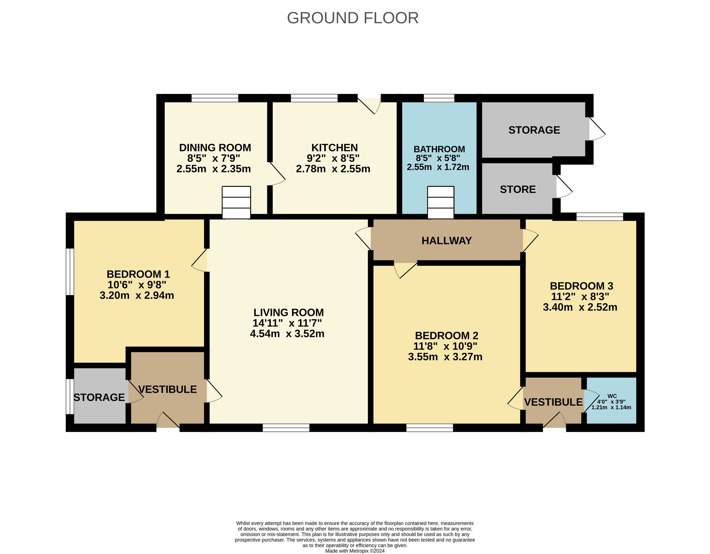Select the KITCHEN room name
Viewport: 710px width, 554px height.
(334, 148)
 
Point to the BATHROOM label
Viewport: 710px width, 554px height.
(439, 149)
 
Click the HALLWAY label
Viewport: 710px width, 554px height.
(447, 241)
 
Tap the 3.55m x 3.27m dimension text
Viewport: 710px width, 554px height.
(445, 357)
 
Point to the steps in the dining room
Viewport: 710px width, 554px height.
(236, 202)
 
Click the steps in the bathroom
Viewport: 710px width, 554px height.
(441, 202)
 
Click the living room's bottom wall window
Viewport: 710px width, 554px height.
(286, 428)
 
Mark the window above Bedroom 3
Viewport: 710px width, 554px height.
(600, 217)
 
